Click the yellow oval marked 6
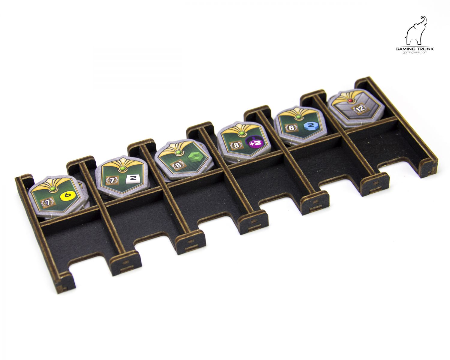coord(68,196)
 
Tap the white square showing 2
coord(133,178)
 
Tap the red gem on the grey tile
coord(350,100)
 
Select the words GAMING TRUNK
coord(415,49)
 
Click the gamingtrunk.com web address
coord(415,52)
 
